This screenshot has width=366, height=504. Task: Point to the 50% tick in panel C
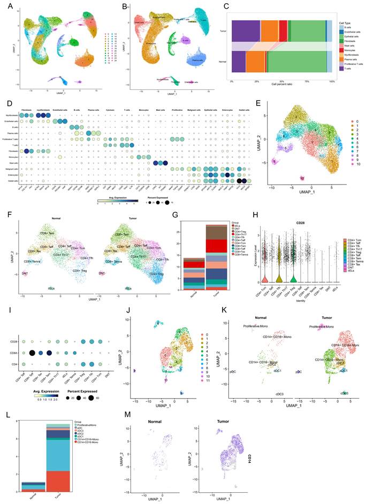point(281,82)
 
